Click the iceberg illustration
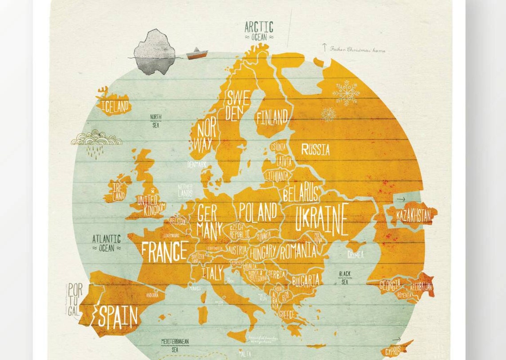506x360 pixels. coord(154,51)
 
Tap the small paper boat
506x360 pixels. coord(197,53)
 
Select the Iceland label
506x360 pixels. coord(115,106)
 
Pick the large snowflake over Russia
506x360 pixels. coord(346,93)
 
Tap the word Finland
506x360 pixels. coord(272,117)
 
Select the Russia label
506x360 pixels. coord(315,150)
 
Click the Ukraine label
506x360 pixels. coord(321,219)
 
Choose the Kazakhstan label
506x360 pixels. coord(413,216)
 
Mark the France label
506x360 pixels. coord(164,251)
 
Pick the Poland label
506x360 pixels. coord(258,212)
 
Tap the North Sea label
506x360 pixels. coord(156,121)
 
